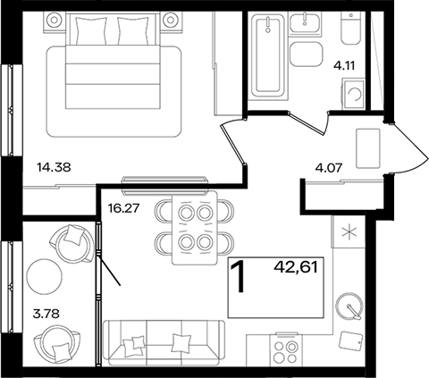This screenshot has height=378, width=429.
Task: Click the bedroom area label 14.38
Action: click(54, 167)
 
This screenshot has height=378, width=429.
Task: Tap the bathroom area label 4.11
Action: click(344, 66)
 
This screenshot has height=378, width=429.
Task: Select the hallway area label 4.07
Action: click(329, 168)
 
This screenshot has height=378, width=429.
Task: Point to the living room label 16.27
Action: click(123, 208)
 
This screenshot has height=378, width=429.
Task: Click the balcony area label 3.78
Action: click(46, 314)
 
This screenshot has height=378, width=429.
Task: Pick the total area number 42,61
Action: click(296, 267)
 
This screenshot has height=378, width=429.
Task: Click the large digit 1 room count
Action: click(238, 276)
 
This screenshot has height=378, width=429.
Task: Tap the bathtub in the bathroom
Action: click(268, 55)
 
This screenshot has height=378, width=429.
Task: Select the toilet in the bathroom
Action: click(350, 29)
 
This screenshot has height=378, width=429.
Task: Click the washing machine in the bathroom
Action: click(353, 94)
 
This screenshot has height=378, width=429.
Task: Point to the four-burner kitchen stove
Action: click(286, 349)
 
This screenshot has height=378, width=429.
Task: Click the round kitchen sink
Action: click(349, 306)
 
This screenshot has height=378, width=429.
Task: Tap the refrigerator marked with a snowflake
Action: click(349, 231)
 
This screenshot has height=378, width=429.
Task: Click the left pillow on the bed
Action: click(91, 30)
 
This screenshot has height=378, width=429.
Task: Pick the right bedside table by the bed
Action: click(171, 21)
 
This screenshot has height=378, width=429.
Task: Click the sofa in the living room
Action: click(164, 342)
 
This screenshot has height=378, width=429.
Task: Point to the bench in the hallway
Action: click(368, 148)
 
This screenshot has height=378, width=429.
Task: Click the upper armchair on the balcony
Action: click(71, 243)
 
